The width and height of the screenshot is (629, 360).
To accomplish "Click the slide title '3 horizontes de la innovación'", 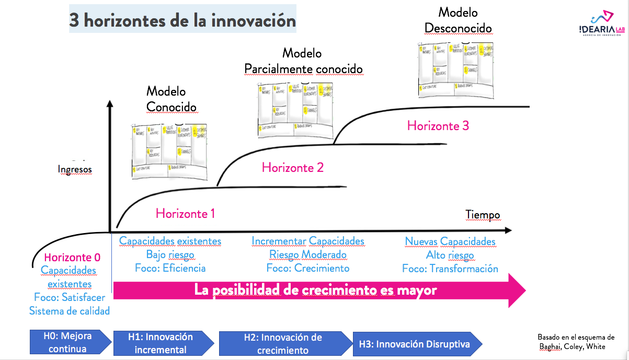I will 182,21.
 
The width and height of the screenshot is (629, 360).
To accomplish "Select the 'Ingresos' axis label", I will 75,169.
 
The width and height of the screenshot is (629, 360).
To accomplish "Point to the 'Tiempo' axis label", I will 483,215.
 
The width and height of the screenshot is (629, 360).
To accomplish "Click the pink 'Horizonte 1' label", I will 185,213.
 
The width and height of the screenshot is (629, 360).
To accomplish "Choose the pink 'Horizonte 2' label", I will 293,167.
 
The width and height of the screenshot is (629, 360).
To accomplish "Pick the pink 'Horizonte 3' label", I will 438,125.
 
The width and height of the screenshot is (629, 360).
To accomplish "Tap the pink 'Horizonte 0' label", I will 72,257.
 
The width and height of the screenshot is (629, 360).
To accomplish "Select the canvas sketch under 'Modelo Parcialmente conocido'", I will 295,110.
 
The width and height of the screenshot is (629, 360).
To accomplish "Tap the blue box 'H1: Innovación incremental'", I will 162,343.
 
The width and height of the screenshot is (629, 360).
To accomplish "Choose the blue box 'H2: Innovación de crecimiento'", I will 283,344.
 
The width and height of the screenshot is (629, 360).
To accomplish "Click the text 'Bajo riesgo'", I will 170,254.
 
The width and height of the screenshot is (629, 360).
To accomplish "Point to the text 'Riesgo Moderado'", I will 308,254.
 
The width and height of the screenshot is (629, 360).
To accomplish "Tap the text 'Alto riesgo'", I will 450,255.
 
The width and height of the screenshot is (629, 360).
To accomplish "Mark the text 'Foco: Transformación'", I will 450,269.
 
